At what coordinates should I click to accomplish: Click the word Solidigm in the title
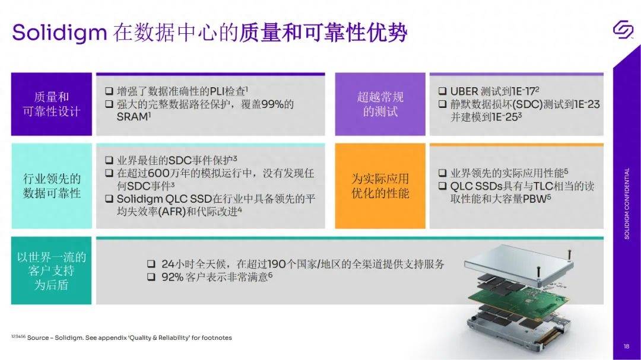pos(59,32)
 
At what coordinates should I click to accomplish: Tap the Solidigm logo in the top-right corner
pos(623,30)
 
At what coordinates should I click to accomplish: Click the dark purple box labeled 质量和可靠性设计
pos(52,104)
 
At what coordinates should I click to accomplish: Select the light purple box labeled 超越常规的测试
pos(380,104)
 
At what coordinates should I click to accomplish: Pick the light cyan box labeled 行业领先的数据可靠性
pos(52,186)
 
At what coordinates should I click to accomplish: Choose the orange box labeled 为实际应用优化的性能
pos(380,186)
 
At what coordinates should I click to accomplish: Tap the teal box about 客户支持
pos(52,270)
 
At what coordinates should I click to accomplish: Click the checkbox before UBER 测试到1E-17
pos(442,91)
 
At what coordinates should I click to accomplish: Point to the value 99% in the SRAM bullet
pos(272,104)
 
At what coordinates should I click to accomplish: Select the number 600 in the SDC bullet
pos(158,173)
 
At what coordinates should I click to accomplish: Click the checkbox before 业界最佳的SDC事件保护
pos(109,160)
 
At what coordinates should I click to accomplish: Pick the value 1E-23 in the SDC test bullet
pos(587,104)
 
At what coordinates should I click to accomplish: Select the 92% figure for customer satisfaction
pos(172,277)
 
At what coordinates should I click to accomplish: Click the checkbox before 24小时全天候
pos(151,264)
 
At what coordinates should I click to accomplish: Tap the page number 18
pos(626,346)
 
